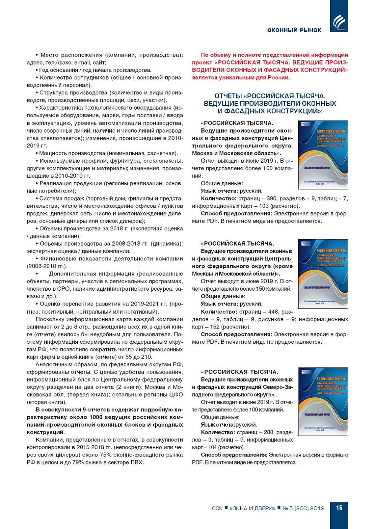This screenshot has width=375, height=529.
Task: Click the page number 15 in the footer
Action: [x=339, y=508]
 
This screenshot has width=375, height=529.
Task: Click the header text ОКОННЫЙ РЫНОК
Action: [x=294, y=30]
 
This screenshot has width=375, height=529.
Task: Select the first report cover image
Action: [x=323, y=155]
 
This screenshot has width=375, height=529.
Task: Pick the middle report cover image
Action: [x=323, y=274]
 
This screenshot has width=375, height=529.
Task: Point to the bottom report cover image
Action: [x=323, y=401]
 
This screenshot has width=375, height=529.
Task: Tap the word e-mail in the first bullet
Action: [x=82, y=63]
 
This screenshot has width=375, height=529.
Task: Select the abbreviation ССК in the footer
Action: [x=217, y=508]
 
